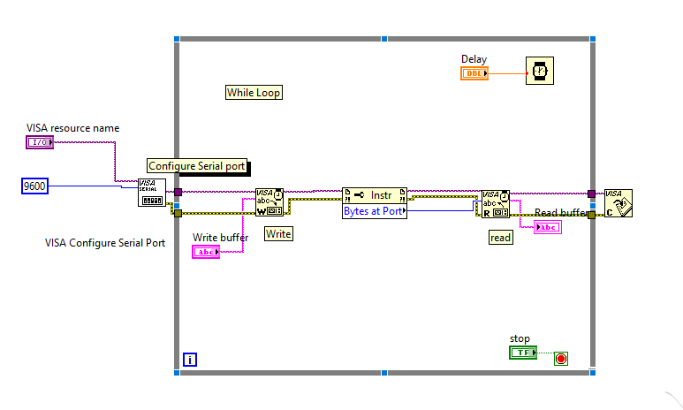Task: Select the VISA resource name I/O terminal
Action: tap(40, 142)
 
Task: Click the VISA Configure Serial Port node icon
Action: tap(151, 192)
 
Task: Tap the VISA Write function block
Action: tap(269, 202)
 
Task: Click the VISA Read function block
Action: tap(495, 204)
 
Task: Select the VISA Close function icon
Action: tap(618, 203)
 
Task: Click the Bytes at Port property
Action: tap(374, 211)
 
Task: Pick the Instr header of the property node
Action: tap(374, 194)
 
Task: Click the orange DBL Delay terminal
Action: tap(474, 73)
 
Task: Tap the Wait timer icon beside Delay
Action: tap(539, 71)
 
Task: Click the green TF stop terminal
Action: tap(523, 353)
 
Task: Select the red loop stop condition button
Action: tap(560, 358)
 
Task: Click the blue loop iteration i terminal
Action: tap(190, 360)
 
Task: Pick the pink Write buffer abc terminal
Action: tap(207, 252)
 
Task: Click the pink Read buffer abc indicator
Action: tap(547, 227)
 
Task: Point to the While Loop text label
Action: tap(254, 93)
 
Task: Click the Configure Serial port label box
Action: tap(196, 166)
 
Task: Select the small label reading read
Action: tap(500, 238)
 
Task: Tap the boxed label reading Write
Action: tap(278, 234)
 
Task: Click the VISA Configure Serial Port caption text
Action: tap(105, 243)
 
